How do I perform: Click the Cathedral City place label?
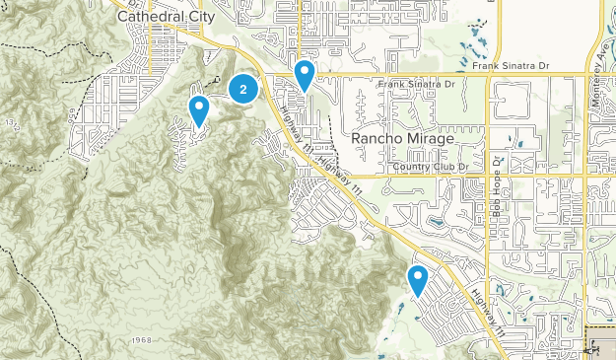click(x=158, y=16)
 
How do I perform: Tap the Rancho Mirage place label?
click(x=402, y=139)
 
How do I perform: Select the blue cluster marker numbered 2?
click(x=243, y=89)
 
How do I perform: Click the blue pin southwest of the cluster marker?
click(x=200, y=110)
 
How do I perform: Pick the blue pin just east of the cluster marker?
click(x=305, y=75)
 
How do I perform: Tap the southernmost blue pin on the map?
click(x=418, y=281)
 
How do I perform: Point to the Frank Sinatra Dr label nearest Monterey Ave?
click(x=510, y=67)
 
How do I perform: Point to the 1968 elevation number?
click(x=141, y=340)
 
